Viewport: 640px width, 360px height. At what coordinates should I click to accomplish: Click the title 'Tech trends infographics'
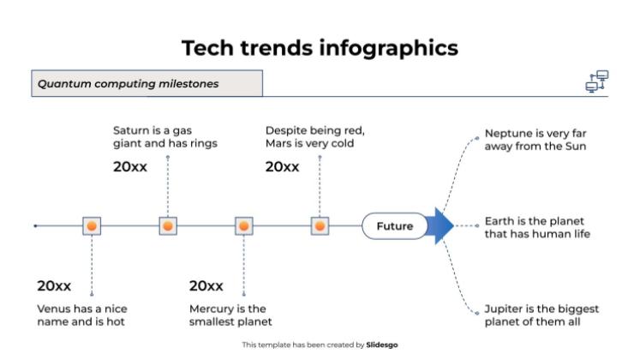[x=320, y=48]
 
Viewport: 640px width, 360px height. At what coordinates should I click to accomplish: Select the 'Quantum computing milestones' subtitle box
[x=147, y=84]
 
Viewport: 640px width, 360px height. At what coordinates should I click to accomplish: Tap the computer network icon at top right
[x=596, y=81]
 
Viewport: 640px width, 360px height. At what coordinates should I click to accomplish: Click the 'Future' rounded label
[x=394, y=226]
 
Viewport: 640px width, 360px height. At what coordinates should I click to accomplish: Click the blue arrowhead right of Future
[x=441, y=226]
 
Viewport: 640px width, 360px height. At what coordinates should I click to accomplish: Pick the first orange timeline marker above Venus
[x=92, y=226]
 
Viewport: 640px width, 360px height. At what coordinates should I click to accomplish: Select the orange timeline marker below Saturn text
[x=168, y=226]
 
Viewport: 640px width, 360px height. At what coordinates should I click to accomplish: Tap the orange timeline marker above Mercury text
[x=244, y=226]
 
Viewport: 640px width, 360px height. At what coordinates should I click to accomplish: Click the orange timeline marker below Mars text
[x=320, y=226]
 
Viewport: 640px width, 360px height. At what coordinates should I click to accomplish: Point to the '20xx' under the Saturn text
[x=130, y=167]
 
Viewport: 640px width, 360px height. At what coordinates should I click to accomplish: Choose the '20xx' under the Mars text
[x=282, y=167]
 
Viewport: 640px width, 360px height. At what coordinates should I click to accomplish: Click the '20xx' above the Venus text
[x=54, y=285]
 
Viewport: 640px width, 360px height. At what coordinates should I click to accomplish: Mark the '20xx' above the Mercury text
[x=206, y=285]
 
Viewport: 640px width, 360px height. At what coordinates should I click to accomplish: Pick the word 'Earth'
[x=499, y=220]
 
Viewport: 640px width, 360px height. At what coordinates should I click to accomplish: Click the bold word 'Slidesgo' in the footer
[x=381, y=345]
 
